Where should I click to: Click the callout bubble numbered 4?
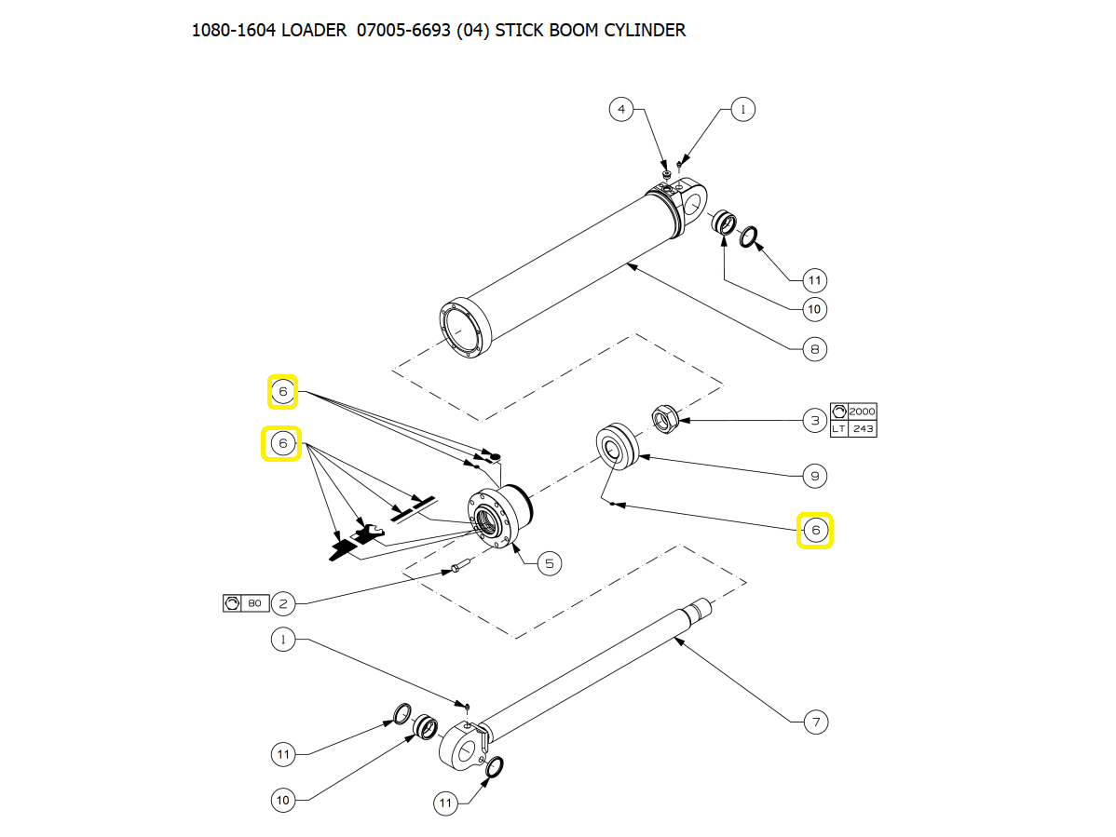[x=621, y=110]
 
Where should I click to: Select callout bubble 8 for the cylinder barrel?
[x=815, y=349]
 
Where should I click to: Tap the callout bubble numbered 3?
[x=815, y=421]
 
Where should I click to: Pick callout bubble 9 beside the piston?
[x=815, y=477]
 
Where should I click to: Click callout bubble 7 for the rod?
[x=815, y=722]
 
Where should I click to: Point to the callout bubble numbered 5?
[x=549, y=562]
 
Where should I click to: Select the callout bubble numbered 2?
[x=283, y=604]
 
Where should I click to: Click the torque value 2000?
[x=862, y=412]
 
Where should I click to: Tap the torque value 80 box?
[x=254, y=604]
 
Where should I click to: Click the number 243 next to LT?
[x=863, y=428]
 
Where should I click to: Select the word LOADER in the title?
[x=315, y=30]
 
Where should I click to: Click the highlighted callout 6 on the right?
[x=815, y=531]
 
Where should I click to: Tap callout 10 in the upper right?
[x=815, y=309]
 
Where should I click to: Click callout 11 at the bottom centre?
[x=446, y=803]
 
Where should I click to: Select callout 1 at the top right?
[x=742, y=110]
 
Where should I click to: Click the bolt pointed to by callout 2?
[x=458, y=566]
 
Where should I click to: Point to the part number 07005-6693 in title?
[x=403, y=30]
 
